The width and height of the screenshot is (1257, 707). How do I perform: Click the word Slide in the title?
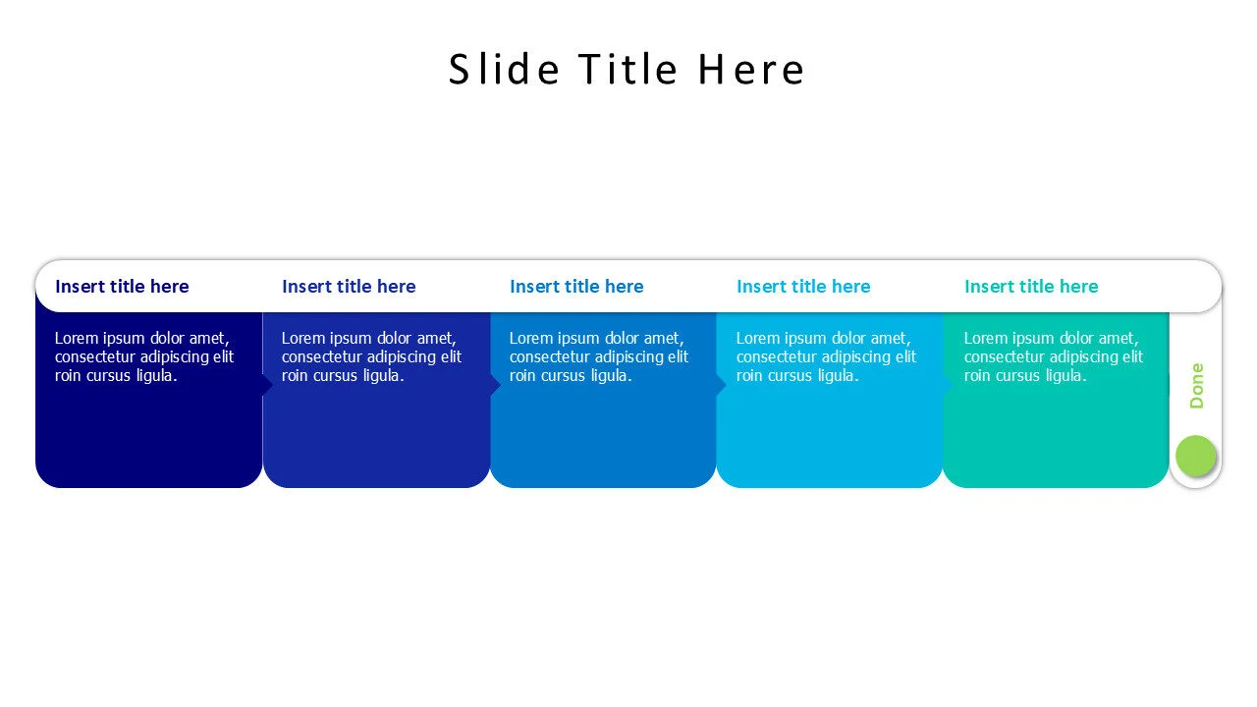(504, 70)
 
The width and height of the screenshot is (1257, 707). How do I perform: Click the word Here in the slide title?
(751, 70)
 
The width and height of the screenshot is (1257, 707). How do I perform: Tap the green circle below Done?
(1195, 456)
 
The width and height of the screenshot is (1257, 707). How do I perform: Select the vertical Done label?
(1196, 386)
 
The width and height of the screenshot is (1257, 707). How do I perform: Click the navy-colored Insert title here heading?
(122, 287)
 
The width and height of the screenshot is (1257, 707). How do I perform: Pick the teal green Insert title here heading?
(1031, 287)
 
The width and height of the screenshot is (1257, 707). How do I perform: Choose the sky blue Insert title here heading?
(803, 287)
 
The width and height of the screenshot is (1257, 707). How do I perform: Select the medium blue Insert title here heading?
(576, 287)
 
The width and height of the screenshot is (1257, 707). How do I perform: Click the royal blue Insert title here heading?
(349, 287)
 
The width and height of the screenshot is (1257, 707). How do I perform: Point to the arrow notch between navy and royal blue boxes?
(267, 385)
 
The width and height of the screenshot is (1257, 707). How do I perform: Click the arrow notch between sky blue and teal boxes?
(947, 385)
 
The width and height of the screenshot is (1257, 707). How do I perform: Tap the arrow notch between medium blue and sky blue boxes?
(721, 385)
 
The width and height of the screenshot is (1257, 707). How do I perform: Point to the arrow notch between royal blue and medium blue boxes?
(495, 385)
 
